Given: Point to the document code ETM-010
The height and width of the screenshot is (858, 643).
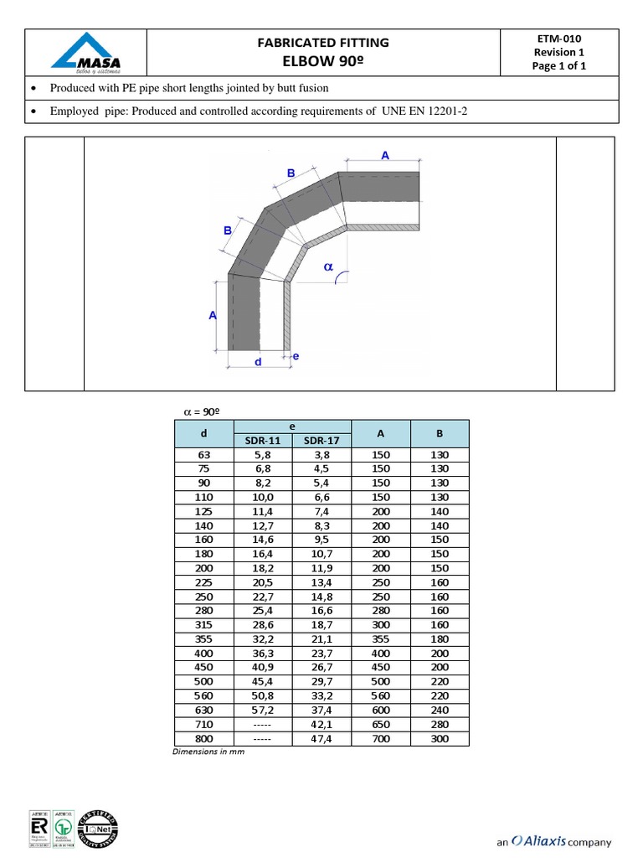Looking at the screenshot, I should click(x=558, y=38).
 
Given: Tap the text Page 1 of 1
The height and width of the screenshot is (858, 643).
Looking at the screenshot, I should click(x=558, y=66).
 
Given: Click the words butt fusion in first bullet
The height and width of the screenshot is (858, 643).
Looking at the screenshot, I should click(x=299, y=87).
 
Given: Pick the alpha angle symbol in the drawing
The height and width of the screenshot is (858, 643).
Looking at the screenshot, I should click(x=328, y=267).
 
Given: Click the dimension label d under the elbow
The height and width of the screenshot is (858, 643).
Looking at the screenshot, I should click(x=258, y=362).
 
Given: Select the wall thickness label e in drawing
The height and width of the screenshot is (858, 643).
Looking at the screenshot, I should click(x=296, y=357).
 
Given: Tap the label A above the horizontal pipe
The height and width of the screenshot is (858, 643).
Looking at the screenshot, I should click(x=385, y=155).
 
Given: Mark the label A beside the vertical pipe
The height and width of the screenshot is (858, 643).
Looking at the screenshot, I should click(x=212, y=315).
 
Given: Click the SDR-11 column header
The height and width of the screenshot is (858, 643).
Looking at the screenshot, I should click(x=262, y=441).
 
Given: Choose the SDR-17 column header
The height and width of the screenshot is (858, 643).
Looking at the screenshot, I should click(x=321, y=441).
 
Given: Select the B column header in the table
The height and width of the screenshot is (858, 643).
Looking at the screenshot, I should click(x=440, y=433).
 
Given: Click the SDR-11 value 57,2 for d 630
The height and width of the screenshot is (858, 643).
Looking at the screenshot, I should click(x=262, y=710).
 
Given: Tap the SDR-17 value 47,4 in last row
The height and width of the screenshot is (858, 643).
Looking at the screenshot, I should click(x=321, y=738).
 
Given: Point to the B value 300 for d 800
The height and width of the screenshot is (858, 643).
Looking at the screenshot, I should click(x=440, y=738).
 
